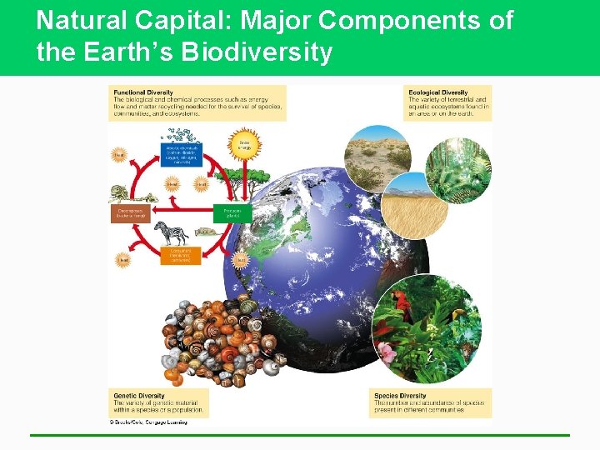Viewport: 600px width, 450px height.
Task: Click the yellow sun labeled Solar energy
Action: point(245,143)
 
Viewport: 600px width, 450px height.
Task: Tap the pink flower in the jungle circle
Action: point(387,352)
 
